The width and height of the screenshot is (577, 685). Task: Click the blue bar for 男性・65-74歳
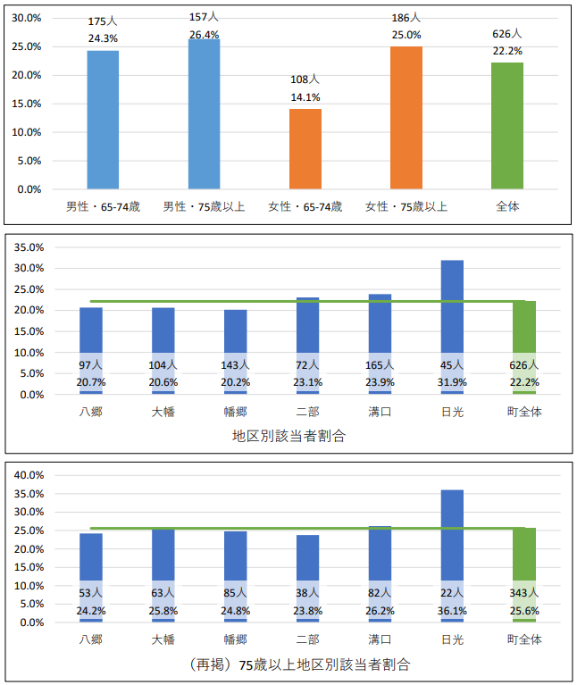[103, 120]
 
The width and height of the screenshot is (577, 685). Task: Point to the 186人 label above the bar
[406, 17]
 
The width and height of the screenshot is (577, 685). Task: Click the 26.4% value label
[204, 36]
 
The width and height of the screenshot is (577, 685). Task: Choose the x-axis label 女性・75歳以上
[406, 207]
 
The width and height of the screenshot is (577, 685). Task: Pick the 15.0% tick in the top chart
[29, 104]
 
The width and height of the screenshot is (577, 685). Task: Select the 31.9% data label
[452, 381]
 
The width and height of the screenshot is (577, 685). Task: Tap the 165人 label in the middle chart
[380, 365]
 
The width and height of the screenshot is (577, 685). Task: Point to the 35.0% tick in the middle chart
[29, 246]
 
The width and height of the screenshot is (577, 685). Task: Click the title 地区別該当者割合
[288, 437]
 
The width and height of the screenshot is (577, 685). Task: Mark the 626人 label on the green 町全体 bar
[524, 365]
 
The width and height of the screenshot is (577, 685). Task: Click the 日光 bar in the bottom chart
[452, 536]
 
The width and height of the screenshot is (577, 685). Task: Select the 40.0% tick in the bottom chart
[29, 474]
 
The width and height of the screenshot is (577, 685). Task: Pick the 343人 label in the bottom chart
[524, 593]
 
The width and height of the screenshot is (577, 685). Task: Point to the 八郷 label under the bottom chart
[91, 639]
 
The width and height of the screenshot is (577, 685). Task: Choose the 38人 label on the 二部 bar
[307, 593]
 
